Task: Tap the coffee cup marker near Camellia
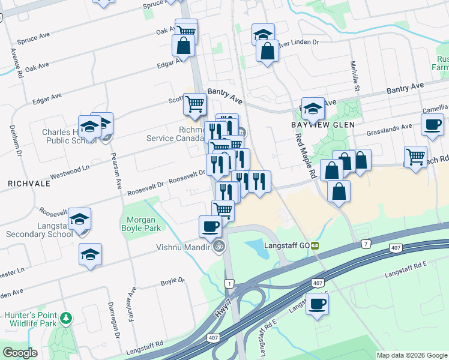432,124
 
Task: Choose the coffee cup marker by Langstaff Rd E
317,303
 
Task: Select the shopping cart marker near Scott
194,104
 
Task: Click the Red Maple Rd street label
306,153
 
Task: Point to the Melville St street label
355,76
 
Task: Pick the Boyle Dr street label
172,281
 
